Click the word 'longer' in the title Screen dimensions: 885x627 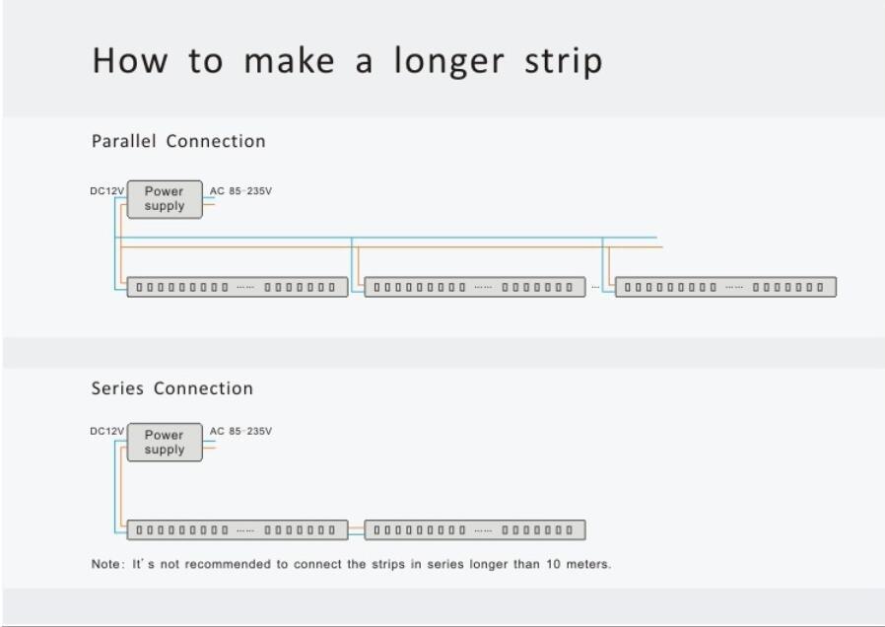(448, 62)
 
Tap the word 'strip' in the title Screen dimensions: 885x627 (564, 62)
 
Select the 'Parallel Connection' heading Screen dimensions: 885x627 (178, 141)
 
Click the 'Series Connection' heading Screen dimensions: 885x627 (172, 388)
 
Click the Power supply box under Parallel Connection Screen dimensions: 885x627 (165, 199)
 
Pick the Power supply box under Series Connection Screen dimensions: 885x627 (165, 443)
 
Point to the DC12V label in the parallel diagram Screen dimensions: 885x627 (106, 191)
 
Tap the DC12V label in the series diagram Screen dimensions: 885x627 (106, 431)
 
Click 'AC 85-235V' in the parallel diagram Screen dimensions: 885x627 (241, 191)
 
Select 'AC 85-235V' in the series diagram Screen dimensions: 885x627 (241, 431)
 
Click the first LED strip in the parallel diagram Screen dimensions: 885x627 (238, 287)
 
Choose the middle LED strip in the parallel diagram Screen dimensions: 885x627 (475, 287)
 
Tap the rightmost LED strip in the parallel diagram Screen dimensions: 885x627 (725, 287)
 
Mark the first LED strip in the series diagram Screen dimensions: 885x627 (238, 530)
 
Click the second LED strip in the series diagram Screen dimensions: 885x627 (475, 530)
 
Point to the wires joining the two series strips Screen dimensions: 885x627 (357, 530)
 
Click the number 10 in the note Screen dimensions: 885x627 (553, 564)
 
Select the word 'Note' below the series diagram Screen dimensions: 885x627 (105, 564)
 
